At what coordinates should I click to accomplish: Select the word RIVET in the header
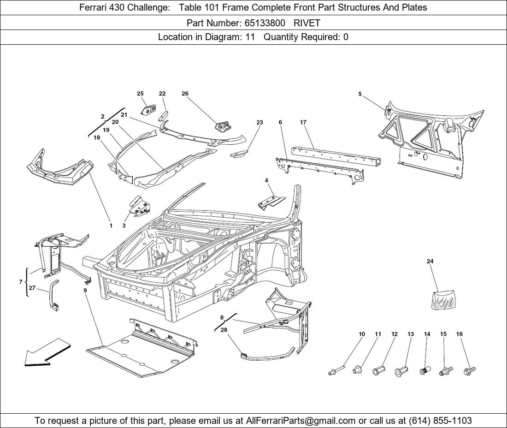307,23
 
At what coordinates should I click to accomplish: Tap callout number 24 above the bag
430,262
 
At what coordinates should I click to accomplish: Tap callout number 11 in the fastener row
378,334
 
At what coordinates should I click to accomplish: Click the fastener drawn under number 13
400,371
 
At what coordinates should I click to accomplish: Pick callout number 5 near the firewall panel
360,94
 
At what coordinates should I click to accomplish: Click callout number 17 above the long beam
303,123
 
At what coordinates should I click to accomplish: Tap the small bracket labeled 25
147,111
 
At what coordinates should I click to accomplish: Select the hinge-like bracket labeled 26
223,125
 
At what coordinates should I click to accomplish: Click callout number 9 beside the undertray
85,291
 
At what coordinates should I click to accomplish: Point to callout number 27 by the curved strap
32,288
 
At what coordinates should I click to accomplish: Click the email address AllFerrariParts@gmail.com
301,421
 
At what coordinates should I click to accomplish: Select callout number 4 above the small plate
266,180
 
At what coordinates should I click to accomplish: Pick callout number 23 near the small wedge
259,123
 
